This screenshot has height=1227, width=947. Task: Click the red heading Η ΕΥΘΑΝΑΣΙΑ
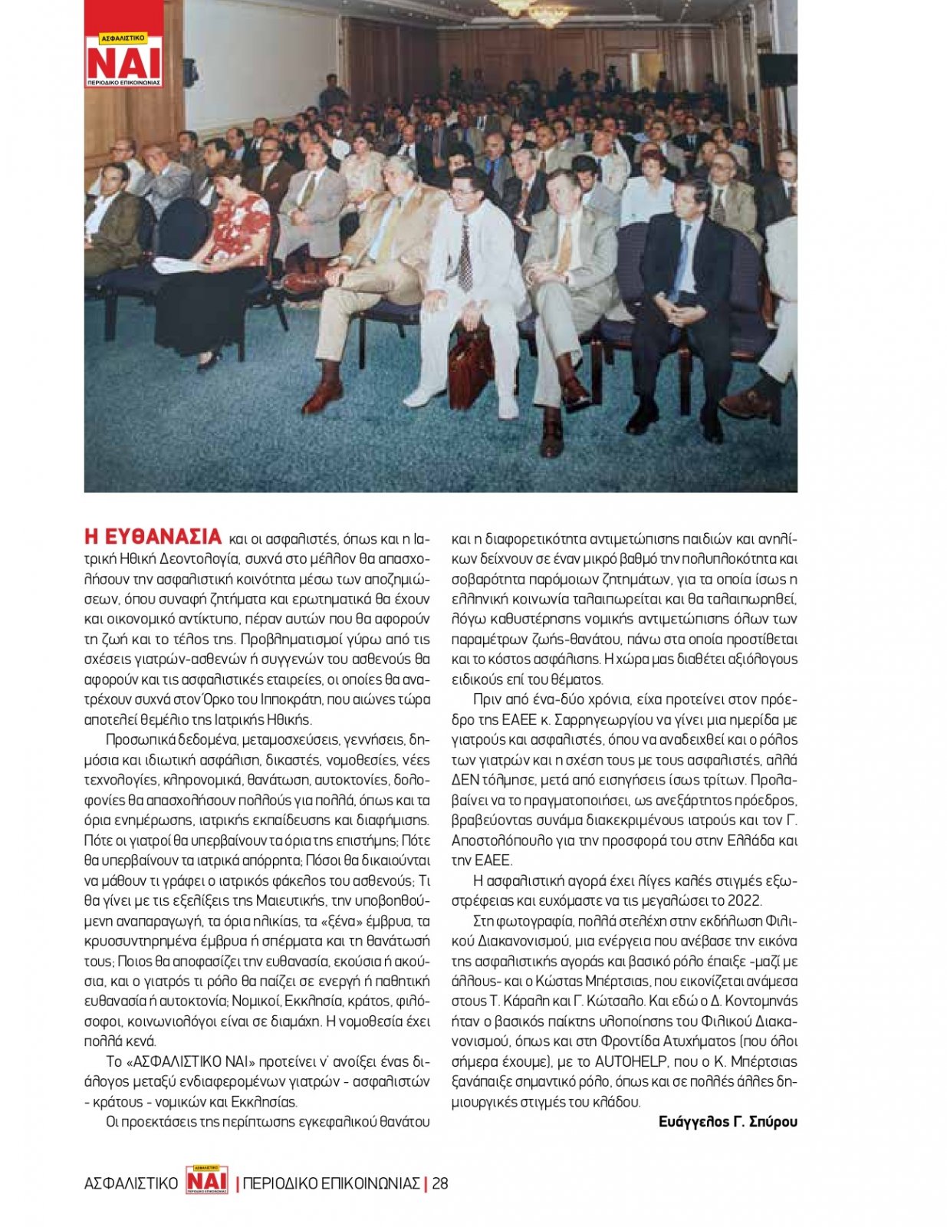(153, 536)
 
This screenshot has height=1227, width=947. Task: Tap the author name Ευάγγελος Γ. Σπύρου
(727, 1121)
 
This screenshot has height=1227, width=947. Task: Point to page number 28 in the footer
(440, 1183)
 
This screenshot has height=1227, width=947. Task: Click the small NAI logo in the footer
(207, 1180)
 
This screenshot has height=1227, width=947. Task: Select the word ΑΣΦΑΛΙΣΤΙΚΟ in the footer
(131, 1183)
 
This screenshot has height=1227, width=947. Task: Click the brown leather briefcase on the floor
(469, 367)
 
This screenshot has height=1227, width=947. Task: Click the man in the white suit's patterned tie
(465, 253)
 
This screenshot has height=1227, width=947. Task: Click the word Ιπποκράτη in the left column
(292, 699)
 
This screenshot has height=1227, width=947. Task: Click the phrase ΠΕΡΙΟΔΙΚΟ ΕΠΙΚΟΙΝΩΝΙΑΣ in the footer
(331, 1183)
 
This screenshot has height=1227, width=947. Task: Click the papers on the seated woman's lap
(178, 265)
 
